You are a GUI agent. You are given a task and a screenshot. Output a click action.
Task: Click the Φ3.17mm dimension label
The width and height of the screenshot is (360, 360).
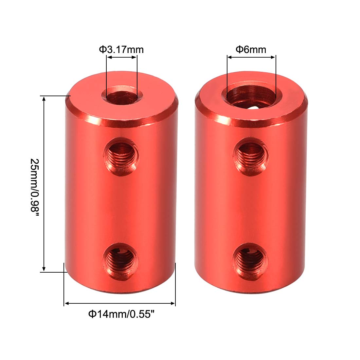(x=121, y=49)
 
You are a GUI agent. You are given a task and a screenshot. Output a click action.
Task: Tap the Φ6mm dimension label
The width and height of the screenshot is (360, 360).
(x=251, y=49)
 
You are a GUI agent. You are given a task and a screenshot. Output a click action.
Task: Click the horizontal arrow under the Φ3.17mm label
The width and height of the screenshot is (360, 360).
(x=121, y=58)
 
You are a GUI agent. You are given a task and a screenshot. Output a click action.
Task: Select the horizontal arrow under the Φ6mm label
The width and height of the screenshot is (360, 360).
(x=251, y=58)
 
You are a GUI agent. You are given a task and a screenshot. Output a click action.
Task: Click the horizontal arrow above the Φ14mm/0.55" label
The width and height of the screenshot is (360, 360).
(x=120, y=304)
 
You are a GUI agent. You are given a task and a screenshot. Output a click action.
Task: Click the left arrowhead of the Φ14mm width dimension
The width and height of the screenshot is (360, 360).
(x=66, y=304)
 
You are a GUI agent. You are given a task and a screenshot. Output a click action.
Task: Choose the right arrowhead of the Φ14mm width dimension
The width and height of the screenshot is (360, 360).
(x=173, y=304)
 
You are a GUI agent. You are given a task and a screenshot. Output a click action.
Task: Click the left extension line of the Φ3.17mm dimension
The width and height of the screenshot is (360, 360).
(x=106, y=75)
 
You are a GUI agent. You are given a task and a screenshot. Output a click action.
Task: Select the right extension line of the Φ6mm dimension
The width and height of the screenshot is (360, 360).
(x=276, y=75)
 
